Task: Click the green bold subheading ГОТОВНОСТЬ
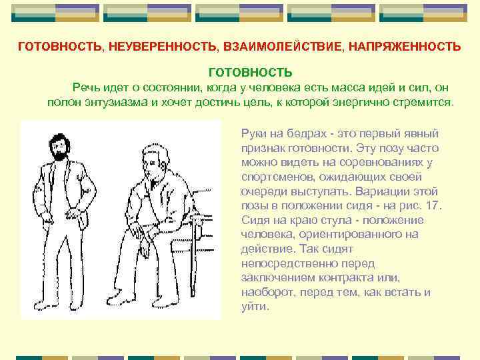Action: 250,71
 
